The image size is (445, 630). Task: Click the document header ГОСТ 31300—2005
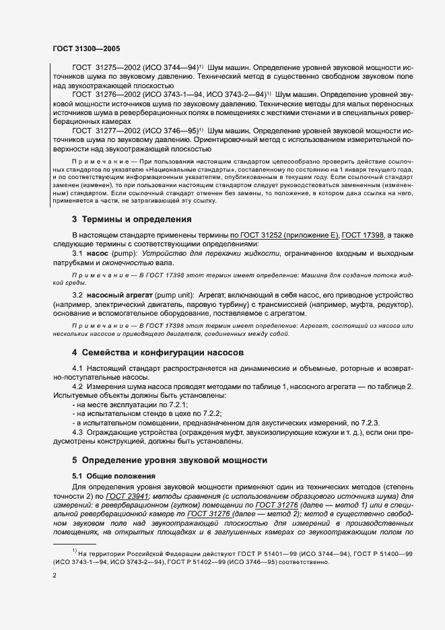click(x=86, y=48)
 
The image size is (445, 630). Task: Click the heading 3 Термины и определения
click(x=132, y=219)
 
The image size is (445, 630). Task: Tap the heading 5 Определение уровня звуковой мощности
click(x=170, y=460)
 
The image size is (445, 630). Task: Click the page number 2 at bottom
click(x=55, y=576)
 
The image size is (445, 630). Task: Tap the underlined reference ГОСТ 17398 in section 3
click(x=364, y=235)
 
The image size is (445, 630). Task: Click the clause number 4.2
click(x=78, y=386)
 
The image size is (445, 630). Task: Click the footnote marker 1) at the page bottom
click(x=75, y=551)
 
